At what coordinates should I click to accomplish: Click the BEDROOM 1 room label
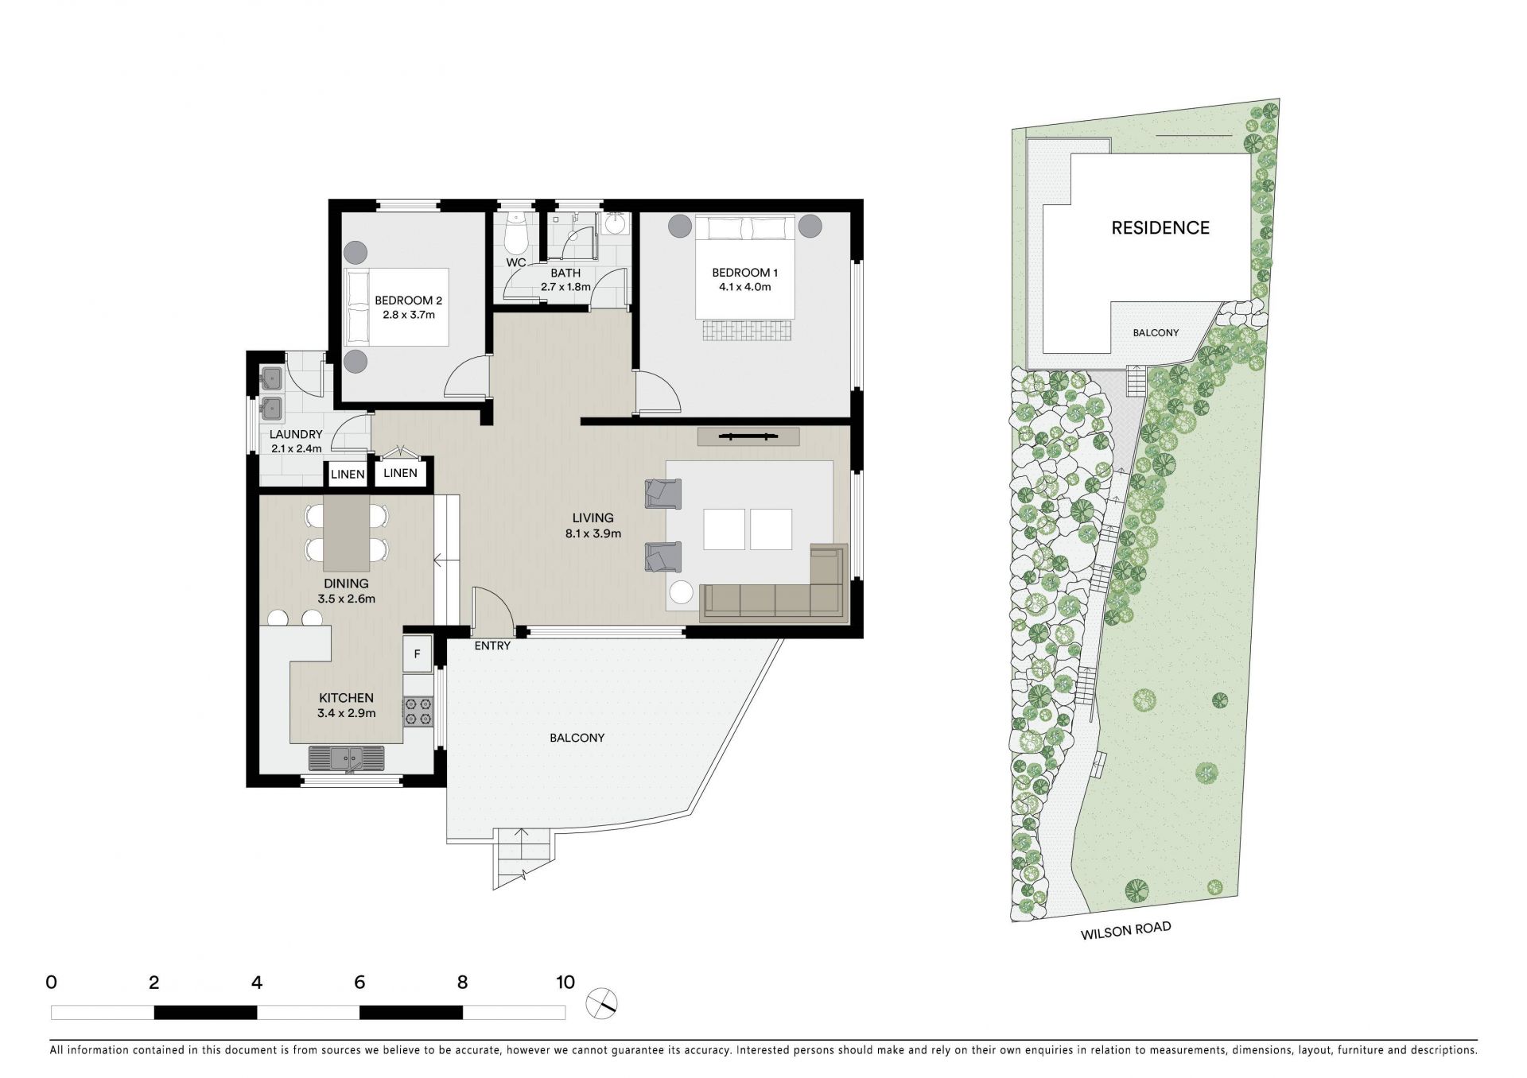(x=744, y=273)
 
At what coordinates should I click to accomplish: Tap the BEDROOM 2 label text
(x=408, y=301)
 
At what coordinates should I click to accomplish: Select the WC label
(x=516, y=262)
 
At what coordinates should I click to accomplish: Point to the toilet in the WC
(x=517, y=231)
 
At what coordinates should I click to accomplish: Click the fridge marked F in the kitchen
(x=417, y=655)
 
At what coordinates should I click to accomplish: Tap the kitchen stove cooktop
(x=418, y=711)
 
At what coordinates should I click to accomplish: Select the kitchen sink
(x=346, y=758)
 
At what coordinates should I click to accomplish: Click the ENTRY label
(x=492, y=646)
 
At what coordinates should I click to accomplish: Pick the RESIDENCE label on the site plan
(x=1160, y=228)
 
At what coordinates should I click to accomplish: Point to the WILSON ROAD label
(x=1125, y=931)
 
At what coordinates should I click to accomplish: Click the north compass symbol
(x=602, y=1002)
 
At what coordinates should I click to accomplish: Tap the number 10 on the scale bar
(x=565, y=983)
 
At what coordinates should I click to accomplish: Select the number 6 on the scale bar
(x=359, y=983)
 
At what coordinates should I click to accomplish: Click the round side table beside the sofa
(x=682, y=593)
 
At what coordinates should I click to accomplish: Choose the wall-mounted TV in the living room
(x=748, y=436)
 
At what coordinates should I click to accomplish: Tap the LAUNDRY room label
(x=296, y=434)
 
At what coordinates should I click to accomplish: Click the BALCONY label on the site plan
(x=1156, y=332)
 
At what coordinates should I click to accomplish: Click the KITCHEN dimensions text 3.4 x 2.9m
(x=347, y=713)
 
